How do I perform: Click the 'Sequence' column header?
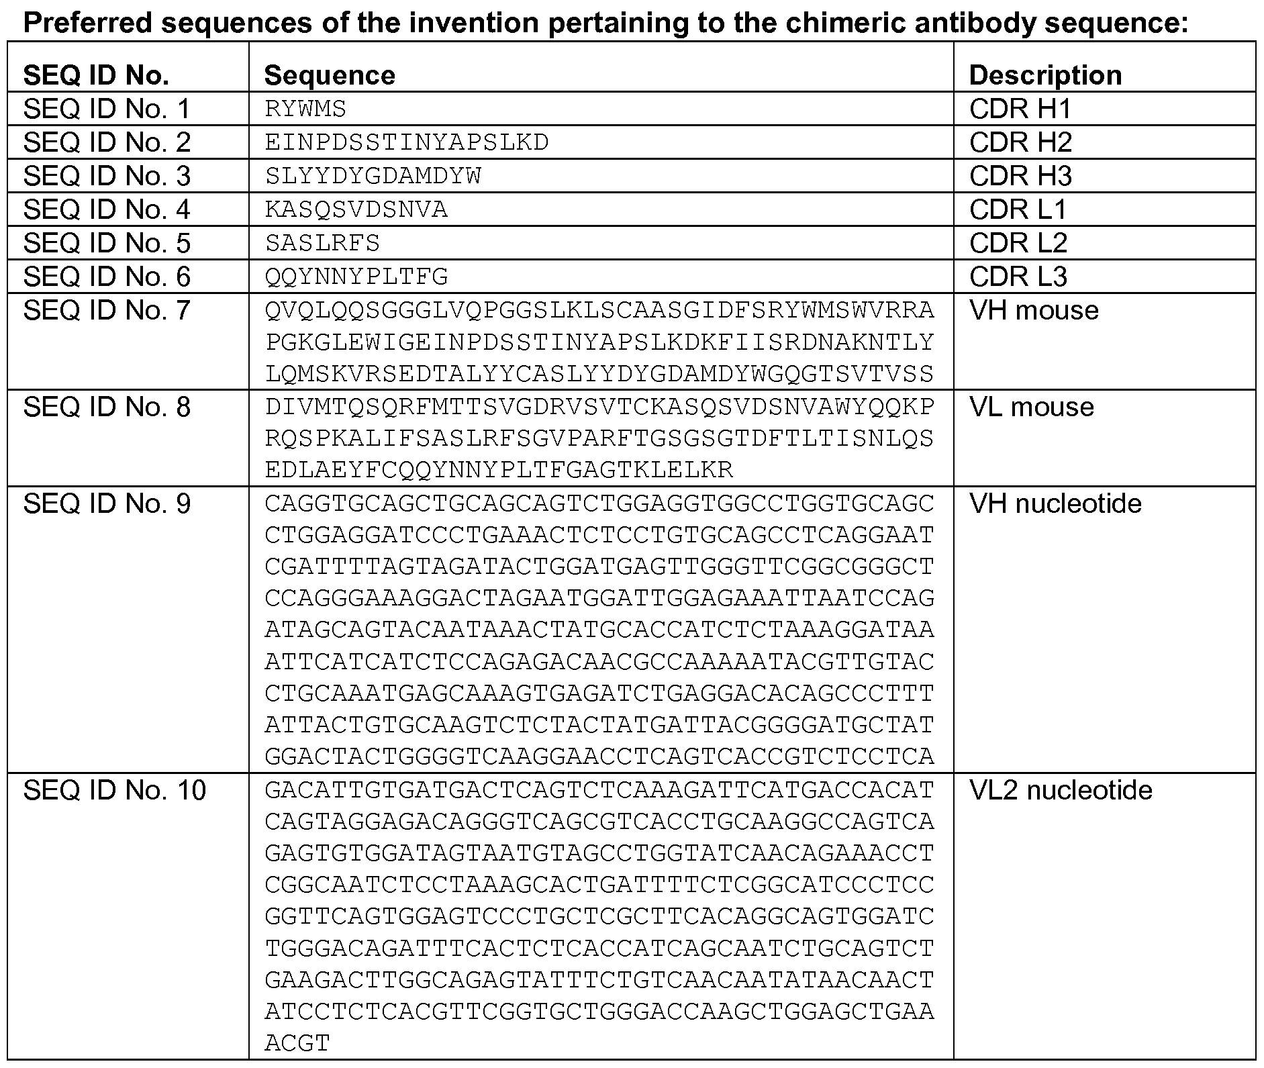330,75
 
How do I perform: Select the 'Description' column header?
1045,75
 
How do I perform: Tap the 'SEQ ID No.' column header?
96,75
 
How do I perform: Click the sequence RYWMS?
305,109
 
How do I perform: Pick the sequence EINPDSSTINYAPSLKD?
407,142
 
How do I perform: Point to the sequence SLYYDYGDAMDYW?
373,176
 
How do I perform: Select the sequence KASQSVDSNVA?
356,209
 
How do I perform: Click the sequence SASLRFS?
322,243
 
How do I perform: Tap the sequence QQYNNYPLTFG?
356,277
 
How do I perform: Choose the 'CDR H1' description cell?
1020,109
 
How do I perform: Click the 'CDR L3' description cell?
1018,277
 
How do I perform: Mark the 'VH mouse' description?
1034,310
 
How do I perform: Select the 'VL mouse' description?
1032,407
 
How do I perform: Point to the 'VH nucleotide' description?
1055,503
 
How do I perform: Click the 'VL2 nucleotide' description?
1061,790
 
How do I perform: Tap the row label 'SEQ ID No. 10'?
115,790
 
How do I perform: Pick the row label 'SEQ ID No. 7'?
107,310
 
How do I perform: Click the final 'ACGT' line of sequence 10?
297,1042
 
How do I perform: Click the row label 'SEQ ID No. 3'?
107,176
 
